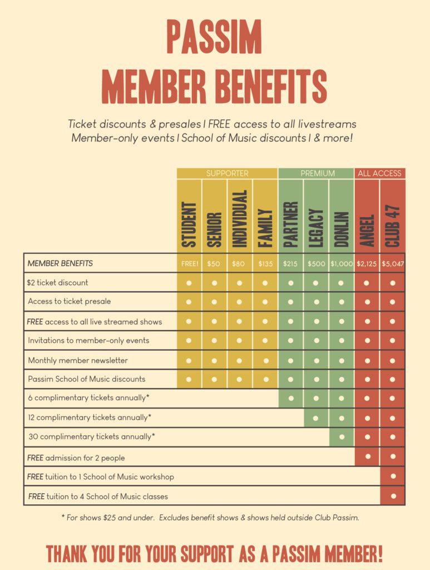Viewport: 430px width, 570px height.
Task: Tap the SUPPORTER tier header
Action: (x=227, y=173)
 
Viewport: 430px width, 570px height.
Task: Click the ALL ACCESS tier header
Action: (x=379, y=173)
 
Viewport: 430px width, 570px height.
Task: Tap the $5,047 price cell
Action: (x=393, y=264)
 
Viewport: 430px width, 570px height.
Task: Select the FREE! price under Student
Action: (x=189, y=264)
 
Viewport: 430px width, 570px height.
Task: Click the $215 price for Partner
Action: (x=290, y=264)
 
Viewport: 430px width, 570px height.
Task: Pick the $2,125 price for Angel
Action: (x=367, y=264)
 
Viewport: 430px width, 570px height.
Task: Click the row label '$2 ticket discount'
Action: (x=58, y=282)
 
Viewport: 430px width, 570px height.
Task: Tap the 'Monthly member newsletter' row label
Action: (x=78, y=360)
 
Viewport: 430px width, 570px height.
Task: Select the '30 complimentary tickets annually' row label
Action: (x=91, y=437)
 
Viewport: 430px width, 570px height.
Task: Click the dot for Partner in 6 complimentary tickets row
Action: (x=290, y=398)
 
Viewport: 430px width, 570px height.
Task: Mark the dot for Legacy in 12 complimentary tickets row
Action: (x=316, y=417)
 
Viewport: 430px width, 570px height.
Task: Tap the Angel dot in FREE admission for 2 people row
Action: (x=367, y=456)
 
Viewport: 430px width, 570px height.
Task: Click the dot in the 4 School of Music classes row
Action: (x=393, y=495)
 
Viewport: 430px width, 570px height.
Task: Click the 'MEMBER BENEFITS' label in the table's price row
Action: (x=61, y=263)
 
